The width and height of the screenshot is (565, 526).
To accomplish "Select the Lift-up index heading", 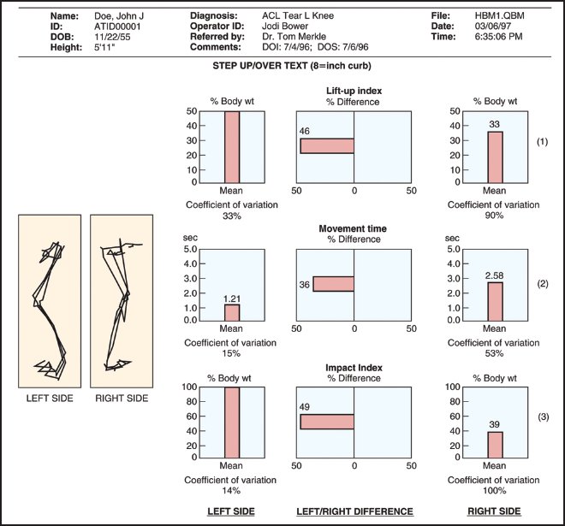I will (354, 91).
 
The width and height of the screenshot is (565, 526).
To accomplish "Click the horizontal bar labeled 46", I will (327, 145).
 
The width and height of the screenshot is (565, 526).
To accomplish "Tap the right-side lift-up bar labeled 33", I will (495, 157).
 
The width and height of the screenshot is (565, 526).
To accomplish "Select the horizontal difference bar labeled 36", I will (333, 284).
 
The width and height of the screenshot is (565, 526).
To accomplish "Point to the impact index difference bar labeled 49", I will (327, 422).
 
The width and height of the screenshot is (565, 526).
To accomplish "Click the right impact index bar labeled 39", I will (495, 444).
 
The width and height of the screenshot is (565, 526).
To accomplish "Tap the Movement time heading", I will (354, 229).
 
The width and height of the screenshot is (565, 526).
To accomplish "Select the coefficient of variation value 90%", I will (495, 216).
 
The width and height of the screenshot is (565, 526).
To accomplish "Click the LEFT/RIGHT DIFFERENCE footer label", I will (354, 511).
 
